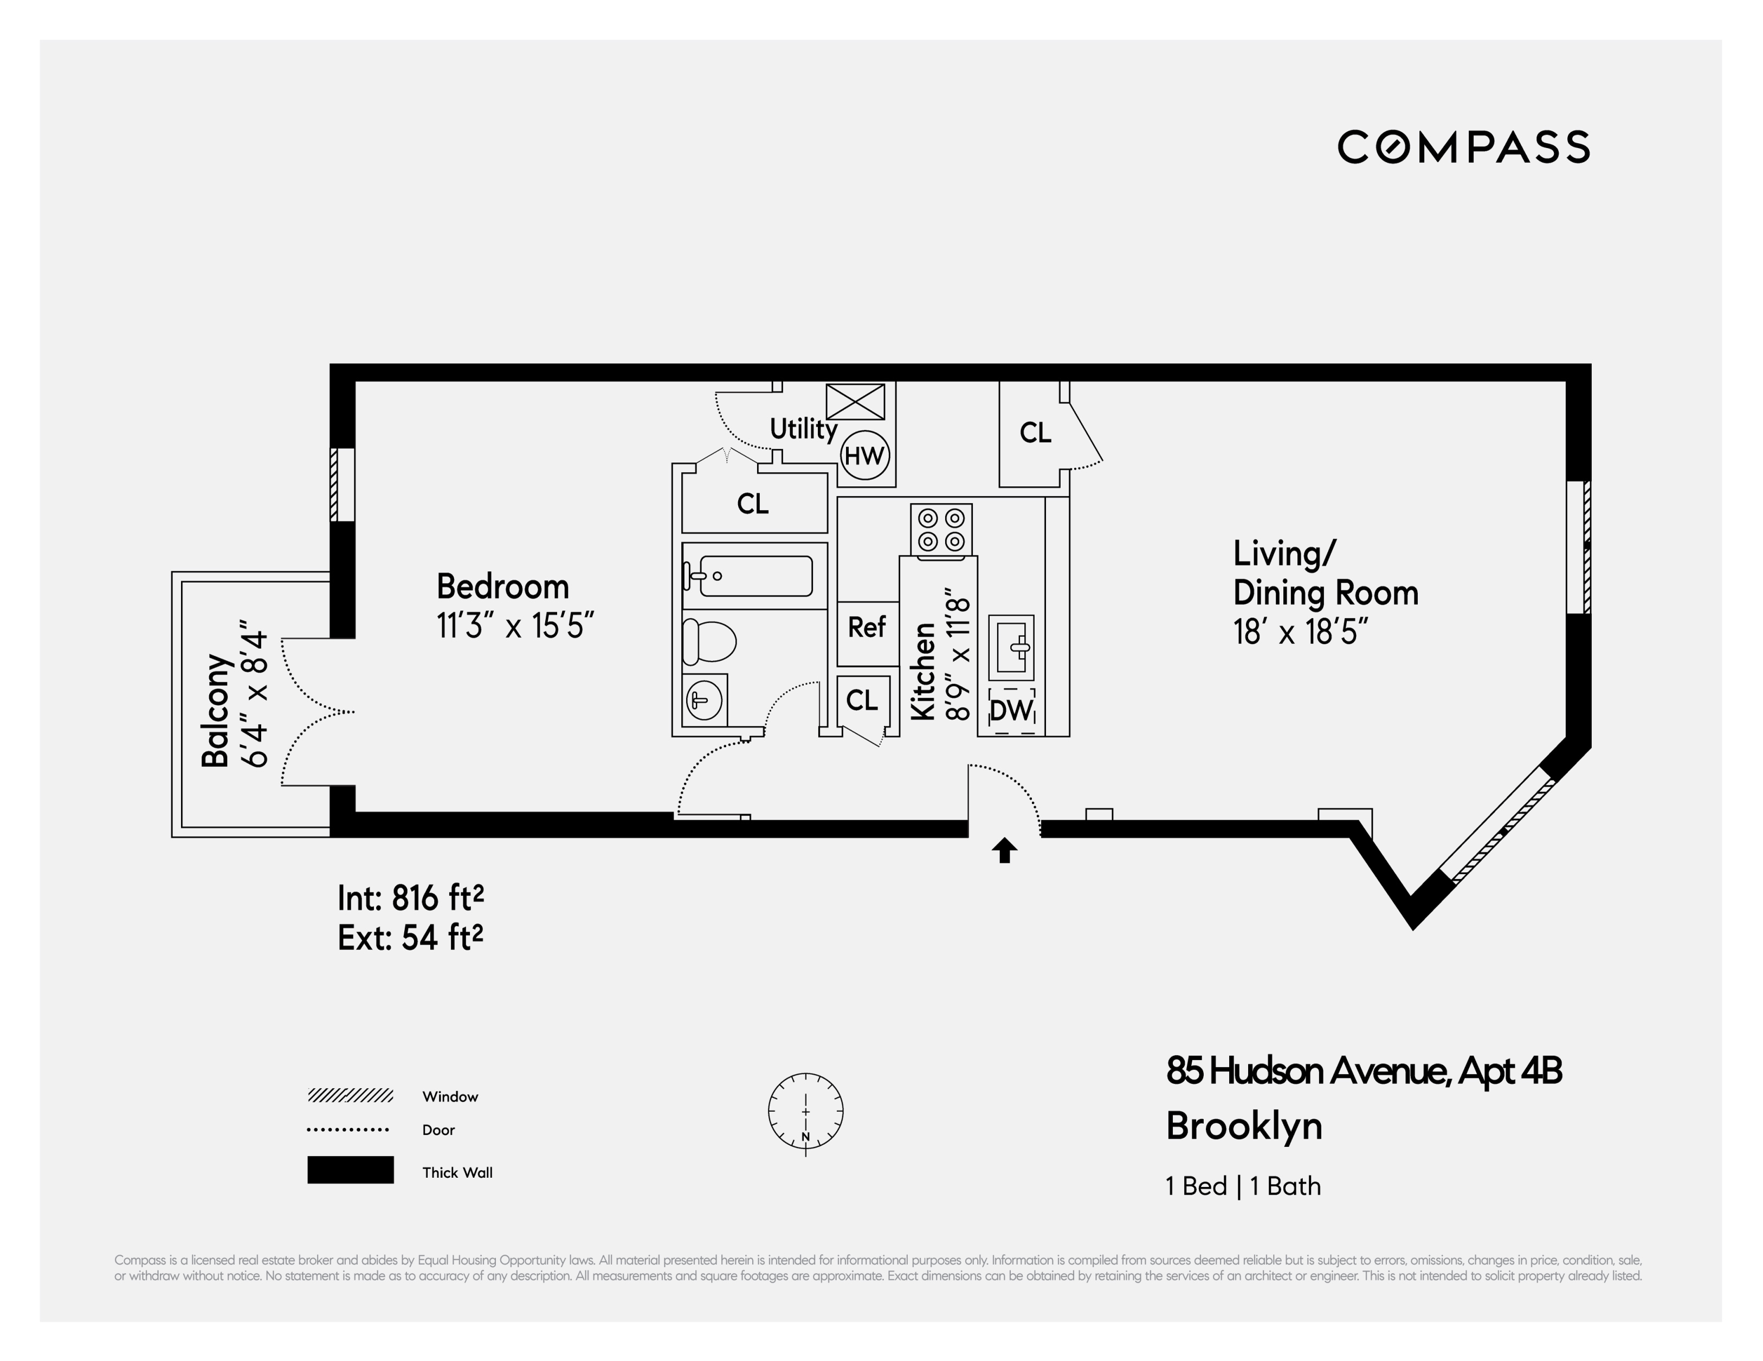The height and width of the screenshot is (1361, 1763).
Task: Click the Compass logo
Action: pos(1463,147)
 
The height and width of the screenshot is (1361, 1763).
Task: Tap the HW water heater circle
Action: pos(864,455)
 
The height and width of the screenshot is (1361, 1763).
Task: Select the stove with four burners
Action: pos(941,530)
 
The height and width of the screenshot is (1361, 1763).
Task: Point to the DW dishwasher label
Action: pos(1011,711)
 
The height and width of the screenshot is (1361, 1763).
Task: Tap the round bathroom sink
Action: pos(703,699)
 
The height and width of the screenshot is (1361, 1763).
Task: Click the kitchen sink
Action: pos(1011,646)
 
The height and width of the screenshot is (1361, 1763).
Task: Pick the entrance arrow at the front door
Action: pos(1004,850)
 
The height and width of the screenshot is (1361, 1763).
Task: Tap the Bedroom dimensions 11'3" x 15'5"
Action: pos(515,625)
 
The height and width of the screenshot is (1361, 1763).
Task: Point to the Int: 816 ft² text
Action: pos(410,898)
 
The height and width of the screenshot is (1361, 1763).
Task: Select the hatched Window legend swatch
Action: pos(350,1095)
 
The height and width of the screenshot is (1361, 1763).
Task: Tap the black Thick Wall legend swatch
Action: pos(350,1170)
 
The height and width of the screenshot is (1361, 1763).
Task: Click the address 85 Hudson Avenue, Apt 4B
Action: pos(1364,1071)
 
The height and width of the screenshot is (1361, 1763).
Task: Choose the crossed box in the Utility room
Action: pos(855,401)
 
